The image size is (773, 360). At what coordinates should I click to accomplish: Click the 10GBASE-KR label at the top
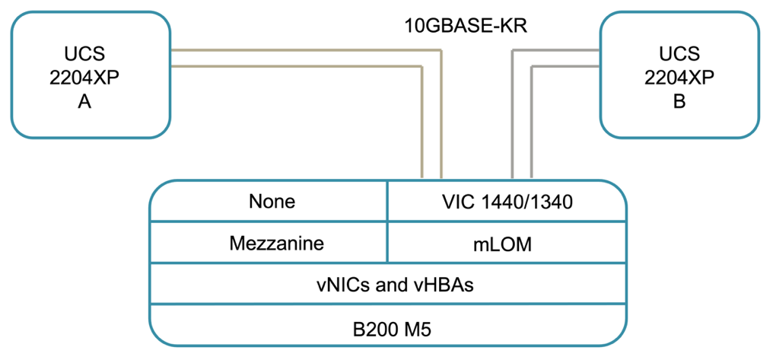[466, 26]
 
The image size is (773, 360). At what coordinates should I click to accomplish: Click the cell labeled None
[271, 202]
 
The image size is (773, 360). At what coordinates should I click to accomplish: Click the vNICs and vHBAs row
[388, 285]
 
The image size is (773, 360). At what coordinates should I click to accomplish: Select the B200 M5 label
[388, 329]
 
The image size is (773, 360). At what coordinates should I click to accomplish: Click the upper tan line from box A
[304, 50]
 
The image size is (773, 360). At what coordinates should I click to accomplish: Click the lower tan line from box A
[297, 67]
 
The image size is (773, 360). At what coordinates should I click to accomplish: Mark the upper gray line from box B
[555, 50]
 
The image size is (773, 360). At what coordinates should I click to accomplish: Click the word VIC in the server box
[459, 202]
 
